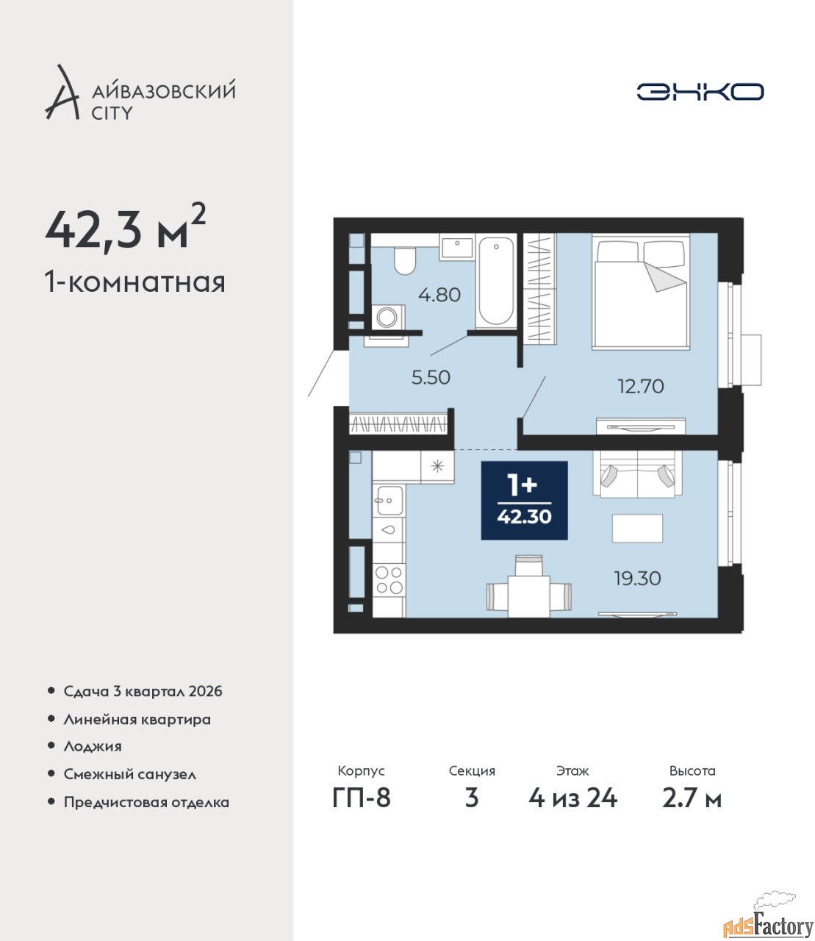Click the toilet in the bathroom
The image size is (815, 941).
[x=404, y=261]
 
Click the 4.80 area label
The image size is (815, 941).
[x=439, y=295]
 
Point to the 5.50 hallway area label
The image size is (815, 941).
[x=431, y=377]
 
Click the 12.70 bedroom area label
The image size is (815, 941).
[x=641, y=387]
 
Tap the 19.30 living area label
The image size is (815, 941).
[x=638, y=579]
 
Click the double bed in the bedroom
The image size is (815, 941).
[x=641, y=291]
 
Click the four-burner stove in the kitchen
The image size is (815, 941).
[x=389, y=579]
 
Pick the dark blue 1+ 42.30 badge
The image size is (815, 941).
[x=524, y=501]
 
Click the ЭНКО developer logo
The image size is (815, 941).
[x=700, y=91]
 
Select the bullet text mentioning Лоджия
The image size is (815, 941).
[x=93, y=746]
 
